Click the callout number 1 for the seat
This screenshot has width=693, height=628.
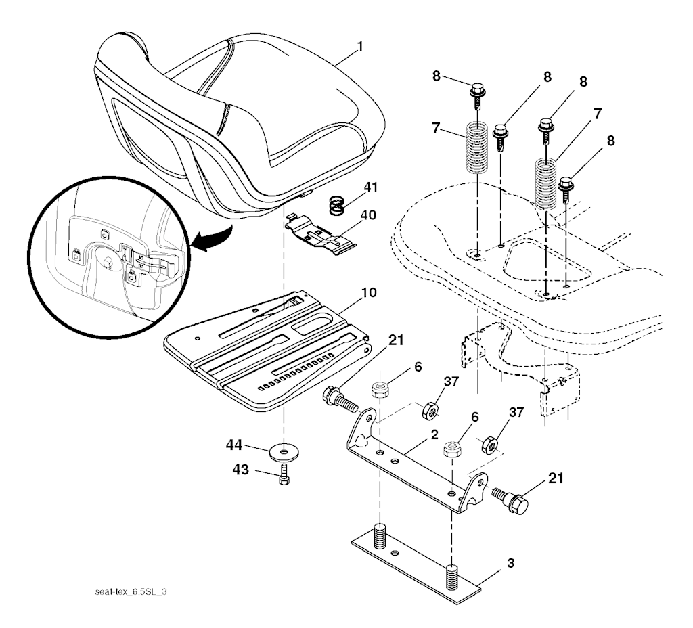[x=360, y=47]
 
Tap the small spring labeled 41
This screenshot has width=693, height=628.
[x=338, y=206]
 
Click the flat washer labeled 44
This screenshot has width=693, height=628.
[x=284, y=452]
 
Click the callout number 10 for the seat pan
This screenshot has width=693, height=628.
[x=370, y=292]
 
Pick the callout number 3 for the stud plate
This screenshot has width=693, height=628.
[x=510, y=564]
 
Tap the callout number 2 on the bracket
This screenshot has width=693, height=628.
[x=434, y=435]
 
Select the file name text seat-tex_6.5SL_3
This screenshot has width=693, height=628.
[x=131, y=591]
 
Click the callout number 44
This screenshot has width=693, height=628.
[x=234, y=445]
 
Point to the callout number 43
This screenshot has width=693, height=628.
[x=241, y=470]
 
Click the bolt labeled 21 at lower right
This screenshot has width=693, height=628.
[x=510, y=501]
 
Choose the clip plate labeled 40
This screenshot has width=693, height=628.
[x=320, y=234]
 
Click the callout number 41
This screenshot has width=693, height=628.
[x=370, y=187]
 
